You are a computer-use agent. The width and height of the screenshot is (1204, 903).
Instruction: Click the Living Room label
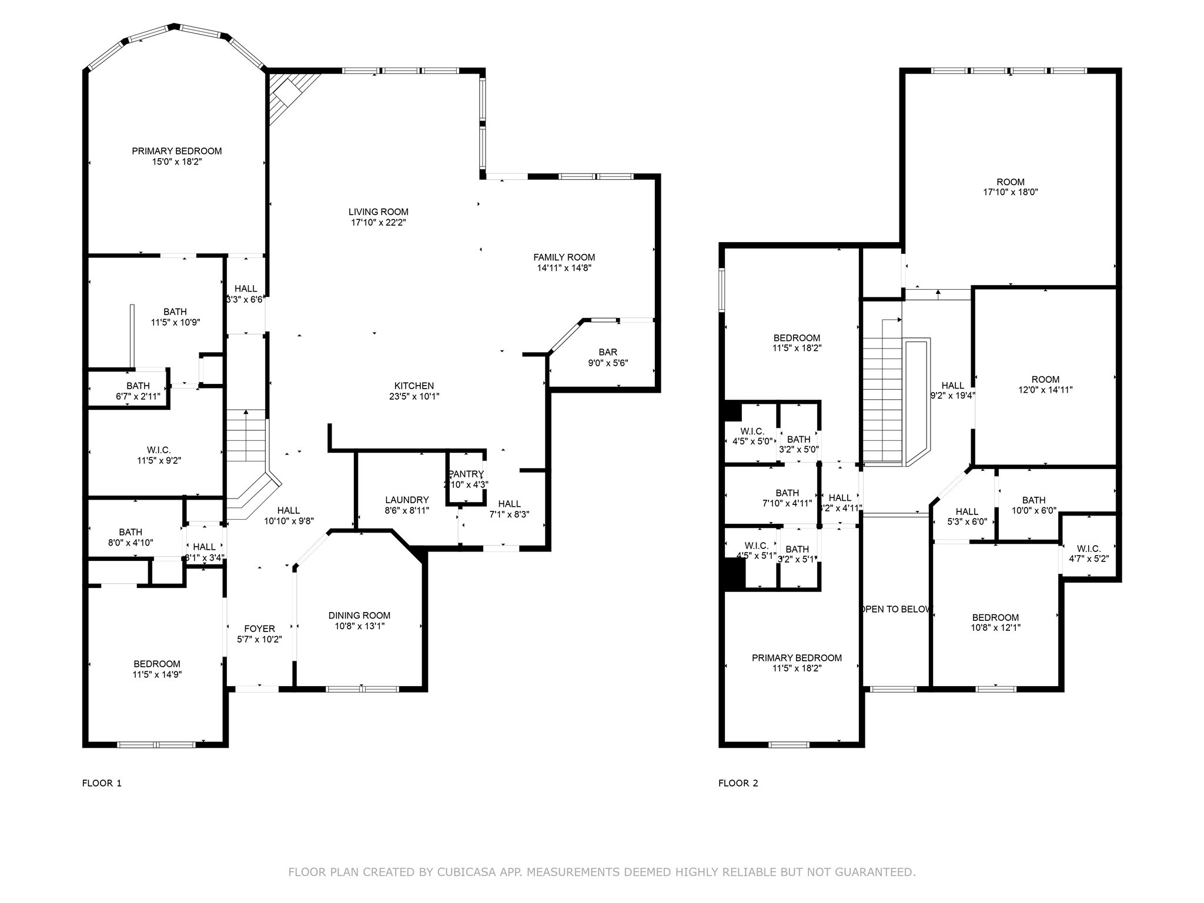(378, 212)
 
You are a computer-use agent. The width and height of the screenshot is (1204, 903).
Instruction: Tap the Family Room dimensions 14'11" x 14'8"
(564, 268)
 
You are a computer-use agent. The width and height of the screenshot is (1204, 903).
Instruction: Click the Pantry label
(466, 474)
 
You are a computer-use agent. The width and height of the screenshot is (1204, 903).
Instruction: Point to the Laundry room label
(407, 500)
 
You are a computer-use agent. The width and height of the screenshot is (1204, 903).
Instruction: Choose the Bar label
(608, 353)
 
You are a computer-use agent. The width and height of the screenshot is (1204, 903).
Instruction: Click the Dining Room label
(359, 616)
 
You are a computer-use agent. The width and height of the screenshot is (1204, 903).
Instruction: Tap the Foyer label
(259, 629)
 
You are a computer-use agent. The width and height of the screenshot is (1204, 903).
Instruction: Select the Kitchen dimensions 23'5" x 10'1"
(414, 397)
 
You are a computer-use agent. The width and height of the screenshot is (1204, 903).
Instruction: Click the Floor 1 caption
(102, 783)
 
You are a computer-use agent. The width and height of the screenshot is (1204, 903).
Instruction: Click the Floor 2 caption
(738, 783)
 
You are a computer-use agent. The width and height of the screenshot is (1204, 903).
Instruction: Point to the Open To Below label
(896, 609)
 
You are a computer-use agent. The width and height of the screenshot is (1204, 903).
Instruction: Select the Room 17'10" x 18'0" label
(1010, 182)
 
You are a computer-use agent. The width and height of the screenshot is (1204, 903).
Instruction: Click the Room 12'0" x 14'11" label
(1045, 380)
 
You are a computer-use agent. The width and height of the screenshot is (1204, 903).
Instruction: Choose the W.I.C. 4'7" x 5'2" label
(1089, 549)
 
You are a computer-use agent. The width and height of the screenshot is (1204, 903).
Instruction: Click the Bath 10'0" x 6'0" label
(1033, 501)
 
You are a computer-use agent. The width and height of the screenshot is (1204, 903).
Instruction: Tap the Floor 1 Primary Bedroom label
(176, 151)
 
